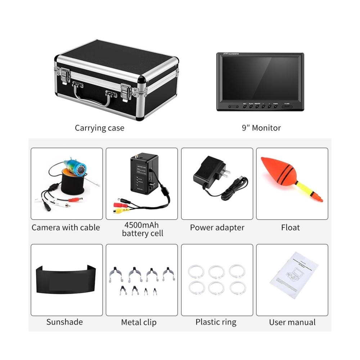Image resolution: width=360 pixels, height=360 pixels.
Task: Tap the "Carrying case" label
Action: click(99, 128)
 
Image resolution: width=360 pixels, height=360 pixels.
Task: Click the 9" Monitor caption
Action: click(261, 128)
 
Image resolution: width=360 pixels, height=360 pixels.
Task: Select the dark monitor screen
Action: click(260, 79)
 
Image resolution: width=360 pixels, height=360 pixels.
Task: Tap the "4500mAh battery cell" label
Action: click(143, 229)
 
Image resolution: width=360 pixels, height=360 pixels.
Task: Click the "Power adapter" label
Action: click(217, 228)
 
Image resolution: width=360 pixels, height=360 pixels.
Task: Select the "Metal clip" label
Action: click(139, 322)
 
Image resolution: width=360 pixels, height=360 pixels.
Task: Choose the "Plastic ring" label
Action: click(216, 322)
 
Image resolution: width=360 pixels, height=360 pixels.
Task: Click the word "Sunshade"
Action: click(64, 322)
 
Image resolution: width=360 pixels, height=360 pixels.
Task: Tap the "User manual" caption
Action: click(292, 322)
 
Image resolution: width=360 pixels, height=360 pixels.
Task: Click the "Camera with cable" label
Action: click(66, 228)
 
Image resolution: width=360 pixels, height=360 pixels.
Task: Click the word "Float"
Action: click(291, 228)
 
